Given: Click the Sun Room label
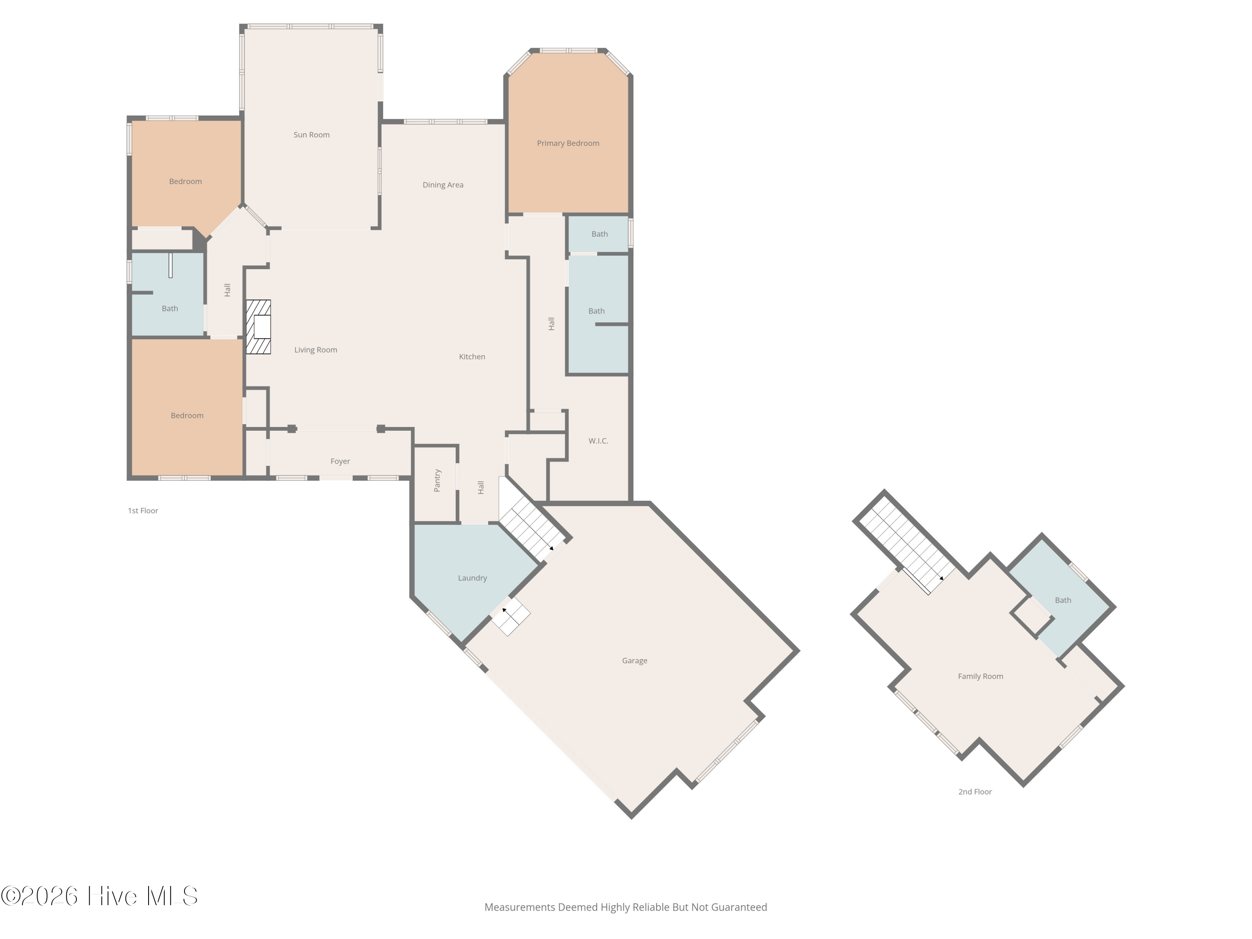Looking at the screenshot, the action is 311,135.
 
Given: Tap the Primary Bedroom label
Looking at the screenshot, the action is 568,143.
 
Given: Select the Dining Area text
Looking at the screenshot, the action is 443,185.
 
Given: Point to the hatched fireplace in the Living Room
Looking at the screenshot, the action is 258,327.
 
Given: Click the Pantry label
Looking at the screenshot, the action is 437,480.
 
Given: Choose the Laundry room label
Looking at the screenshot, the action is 472,578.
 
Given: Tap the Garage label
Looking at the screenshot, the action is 634,661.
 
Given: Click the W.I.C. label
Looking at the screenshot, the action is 598,441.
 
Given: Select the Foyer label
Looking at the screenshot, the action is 340,461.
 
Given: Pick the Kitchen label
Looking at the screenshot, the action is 472,356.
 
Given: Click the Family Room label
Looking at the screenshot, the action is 980,676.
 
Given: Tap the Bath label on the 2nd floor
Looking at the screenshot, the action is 1063,600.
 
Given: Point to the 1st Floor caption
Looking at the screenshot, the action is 143,510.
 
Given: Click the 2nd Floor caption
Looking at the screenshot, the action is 974,792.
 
